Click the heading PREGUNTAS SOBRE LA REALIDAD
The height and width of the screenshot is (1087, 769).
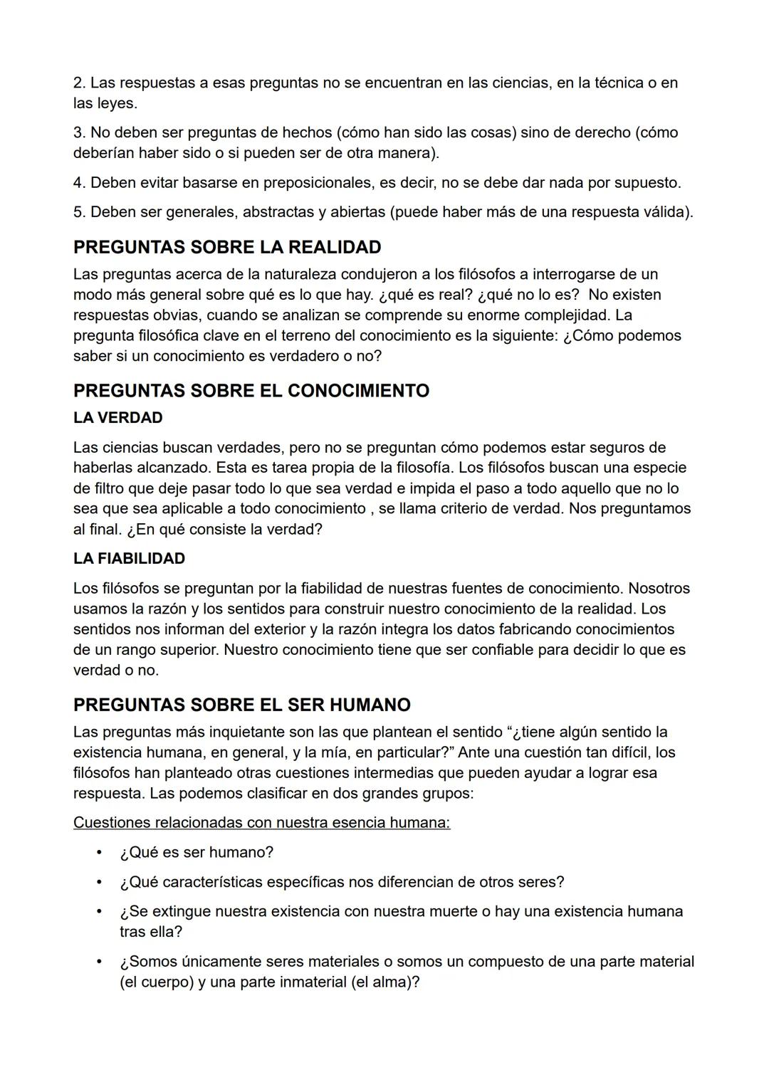[227, 247]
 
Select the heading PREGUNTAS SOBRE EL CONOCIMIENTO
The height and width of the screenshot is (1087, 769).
[251, 391]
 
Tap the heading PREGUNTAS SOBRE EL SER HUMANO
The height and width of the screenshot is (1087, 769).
[241, 705]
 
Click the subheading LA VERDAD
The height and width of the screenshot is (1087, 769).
[117, 418]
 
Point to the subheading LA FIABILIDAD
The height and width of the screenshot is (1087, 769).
[129, 559]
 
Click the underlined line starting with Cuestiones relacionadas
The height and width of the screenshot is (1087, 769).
[261, 823]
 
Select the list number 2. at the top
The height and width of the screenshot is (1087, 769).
[79, 83]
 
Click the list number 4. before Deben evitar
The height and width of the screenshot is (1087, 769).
[79, 183]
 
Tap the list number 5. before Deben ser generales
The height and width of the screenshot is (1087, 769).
[79, 212]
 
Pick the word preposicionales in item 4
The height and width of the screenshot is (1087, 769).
[317, 183]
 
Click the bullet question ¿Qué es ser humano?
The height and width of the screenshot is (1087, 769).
[197, 853]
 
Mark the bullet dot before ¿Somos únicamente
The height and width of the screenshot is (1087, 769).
[100, 962]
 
